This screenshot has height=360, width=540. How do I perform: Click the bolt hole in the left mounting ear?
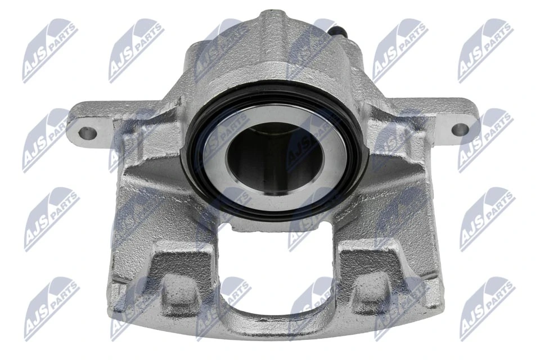pos(88,133)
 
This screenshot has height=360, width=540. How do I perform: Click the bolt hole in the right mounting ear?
pos(459,129)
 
